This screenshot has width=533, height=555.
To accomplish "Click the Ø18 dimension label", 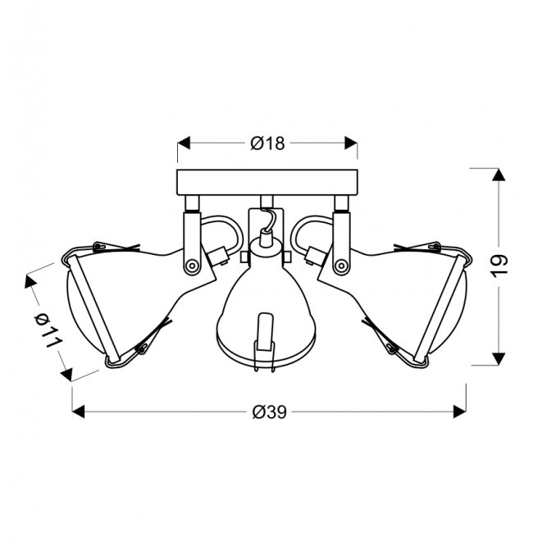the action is tap(267, 143).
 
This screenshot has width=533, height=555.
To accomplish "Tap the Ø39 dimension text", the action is tap(269, 412).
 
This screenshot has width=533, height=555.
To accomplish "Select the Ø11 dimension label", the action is tap(48, 330).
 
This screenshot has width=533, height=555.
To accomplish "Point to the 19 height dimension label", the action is tap(499, 266).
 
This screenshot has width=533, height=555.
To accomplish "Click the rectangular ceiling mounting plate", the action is tap(267, 183).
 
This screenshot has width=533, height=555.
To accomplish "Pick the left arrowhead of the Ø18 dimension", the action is tap(184, 143).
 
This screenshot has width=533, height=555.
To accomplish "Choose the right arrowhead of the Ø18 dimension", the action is tap(351, 143).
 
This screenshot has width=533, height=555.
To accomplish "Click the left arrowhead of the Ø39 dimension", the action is tap(78, 412).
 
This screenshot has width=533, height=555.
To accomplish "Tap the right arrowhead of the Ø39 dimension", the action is tap(460, 412).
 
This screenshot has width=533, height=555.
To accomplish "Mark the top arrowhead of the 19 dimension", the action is tap(499, 175).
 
